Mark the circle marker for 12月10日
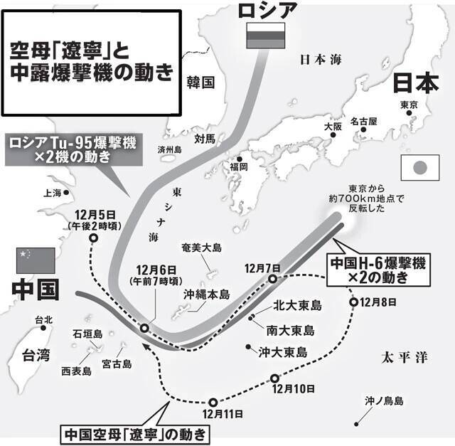pos(274,378)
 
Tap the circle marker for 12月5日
pos(94,240)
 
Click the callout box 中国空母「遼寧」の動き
pos(136,432)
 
